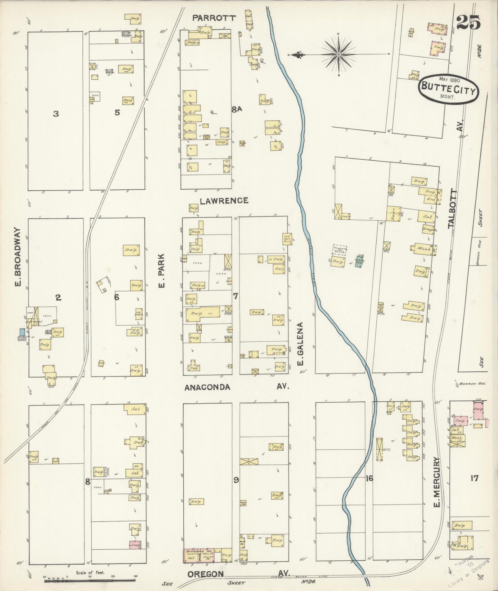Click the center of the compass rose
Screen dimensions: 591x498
[x=338, y=54]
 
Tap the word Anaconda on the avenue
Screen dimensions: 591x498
[x=207, y=387]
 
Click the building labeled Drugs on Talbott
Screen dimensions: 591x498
[x=428, y=229]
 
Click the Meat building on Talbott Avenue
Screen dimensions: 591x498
[x=423, y=248]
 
